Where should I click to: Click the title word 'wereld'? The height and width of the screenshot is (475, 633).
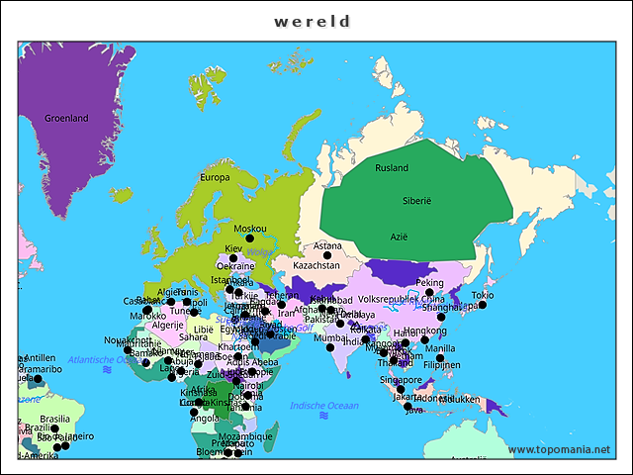coord(313,20)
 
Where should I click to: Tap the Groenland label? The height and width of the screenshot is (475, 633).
coord(66,119)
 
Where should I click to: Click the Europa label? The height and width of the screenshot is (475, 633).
coord(215,177)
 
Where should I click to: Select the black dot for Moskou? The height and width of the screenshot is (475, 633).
coord(249,238)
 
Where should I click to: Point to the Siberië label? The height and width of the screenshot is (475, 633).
coord(416,200)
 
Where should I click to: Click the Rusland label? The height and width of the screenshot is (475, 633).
coord(392,167)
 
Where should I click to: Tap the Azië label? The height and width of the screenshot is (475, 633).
coord(399,237)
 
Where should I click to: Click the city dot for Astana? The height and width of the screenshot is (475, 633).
coord(327,256)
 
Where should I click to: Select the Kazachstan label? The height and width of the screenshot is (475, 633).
coord(316,266)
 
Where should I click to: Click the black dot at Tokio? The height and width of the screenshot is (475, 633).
coord(482,305)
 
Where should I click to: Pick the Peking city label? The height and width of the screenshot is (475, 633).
coord(430,282)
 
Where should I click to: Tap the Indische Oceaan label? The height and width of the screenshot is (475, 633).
coord(324,406)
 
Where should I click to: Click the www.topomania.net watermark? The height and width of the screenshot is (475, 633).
coord(559,450)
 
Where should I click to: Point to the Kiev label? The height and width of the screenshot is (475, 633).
coord(233,248)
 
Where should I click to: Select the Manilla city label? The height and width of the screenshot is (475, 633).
coord(440,348)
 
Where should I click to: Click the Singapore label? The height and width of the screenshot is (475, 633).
coord(401,379)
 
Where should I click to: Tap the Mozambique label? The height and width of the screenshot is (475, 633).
coord(245,435)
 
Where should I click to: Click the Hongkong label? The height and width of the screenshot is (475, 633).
coord(425,331)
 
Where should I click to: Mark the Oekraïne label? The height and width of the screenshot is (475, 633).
coord(235,266)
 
